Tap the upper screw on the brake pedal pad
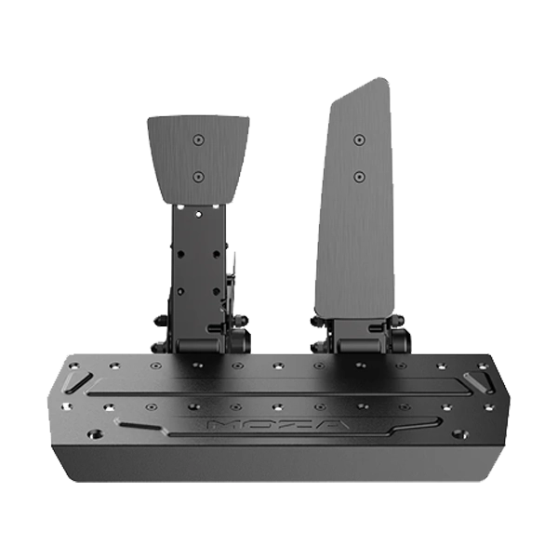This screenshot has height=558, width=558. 198,139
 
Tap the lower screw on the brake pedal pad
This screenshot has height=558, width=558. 198,177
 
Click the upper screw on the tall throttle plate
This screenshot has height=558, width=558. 359,139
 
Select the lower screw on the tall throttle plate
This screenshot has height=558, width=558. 359,177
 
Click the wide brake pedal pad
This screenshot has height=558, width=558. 198,159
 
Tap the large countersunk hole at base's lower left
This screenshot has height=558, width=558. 95,434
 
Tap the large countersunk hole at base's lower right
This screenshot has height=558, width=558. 459,434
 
